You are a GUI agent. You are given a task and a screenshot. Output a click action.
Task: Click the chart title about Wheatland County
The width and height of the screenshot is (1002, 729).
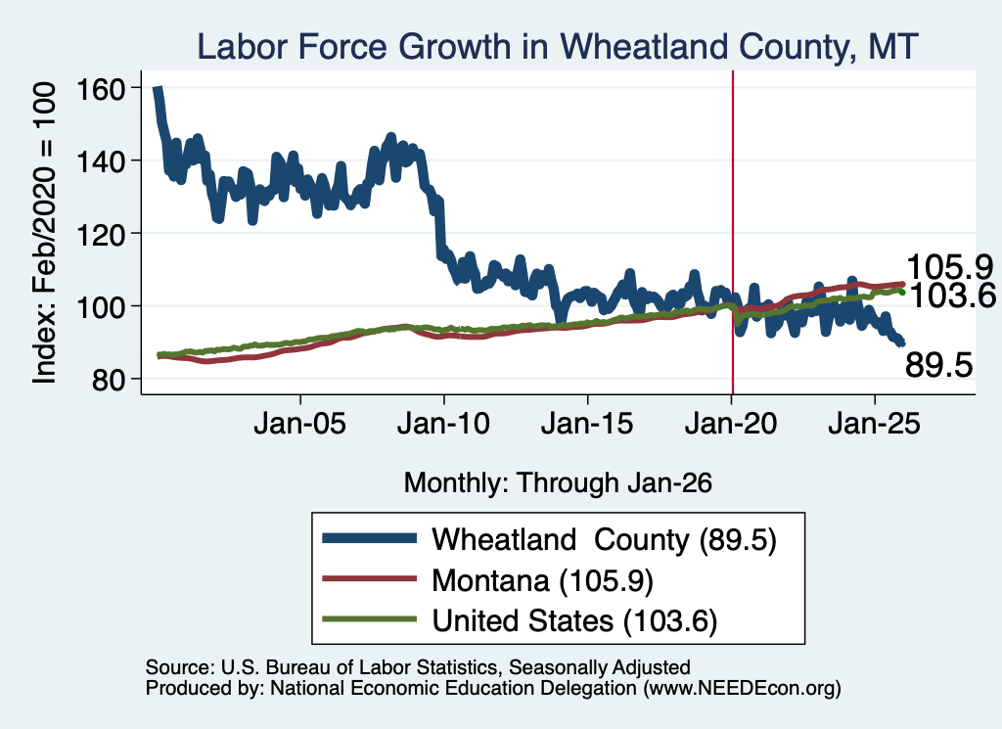tap(557, 47)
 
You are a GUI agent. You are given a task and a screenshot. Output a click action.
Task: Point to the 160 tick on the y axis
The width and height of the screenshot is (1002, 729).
tap(101, 89)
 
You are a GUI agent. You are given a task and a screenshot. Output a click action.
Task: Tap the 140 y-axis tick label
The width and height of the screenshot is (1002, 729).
tap(101, 161)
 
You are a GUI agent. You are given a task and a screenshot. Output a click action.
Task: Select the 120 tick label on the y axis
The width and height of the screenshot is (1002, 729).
tap(101, 235)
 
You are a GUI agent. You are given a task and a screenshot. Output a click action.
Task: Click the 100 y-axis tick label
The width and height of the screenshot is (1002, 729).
tap(101, 307)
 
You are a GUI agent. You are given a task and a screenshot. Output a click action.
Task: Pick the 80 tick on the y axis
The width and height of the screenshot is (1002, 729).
tap(109, 380)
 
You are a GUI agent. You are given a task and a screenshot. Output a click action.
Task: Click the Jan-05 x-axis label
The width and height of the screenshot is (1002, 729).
tap(299, 424)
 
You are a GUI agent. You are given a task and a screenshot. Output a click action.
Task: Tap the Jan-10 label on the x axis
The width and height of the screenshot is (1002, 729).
tap(443, 424)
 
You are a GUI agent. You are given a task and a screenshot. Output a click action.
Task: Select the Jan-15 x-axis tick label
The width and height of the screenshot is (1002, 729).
tap(587, 424)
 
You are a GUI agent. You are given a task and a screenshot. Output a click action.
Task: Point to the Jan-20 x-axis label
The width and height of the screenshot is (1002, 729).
tap(731, 424)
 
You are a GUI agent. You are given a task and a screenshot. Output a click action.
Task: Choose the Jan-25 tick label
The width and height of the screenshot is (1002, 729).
tap(874, 424)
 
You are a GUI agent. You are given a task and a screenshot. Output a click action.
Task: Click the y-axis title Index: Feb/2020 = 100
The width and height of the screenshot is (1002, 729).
tap(44, 233)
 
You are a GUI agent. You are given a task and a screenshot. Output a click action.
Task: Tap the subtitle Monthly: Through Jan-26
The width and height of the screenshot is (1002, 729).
tap(558, 483)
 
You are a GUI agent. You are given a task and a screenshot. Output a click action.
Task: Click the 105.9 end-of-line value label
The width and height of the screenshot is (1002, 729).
tap(949, 266)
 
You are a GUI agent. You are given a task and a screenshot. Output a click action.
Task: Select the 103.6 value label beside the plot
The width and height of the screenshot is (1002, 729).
tap(952, 296)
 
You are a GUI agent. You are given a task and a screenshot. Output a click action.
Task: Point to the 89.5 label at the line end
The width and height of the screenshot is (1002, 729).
tap(938, 365)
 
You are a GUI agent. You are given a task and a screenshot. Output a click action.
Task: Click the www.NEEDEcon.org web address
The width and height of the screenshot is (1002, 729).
tap(742, 688)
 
